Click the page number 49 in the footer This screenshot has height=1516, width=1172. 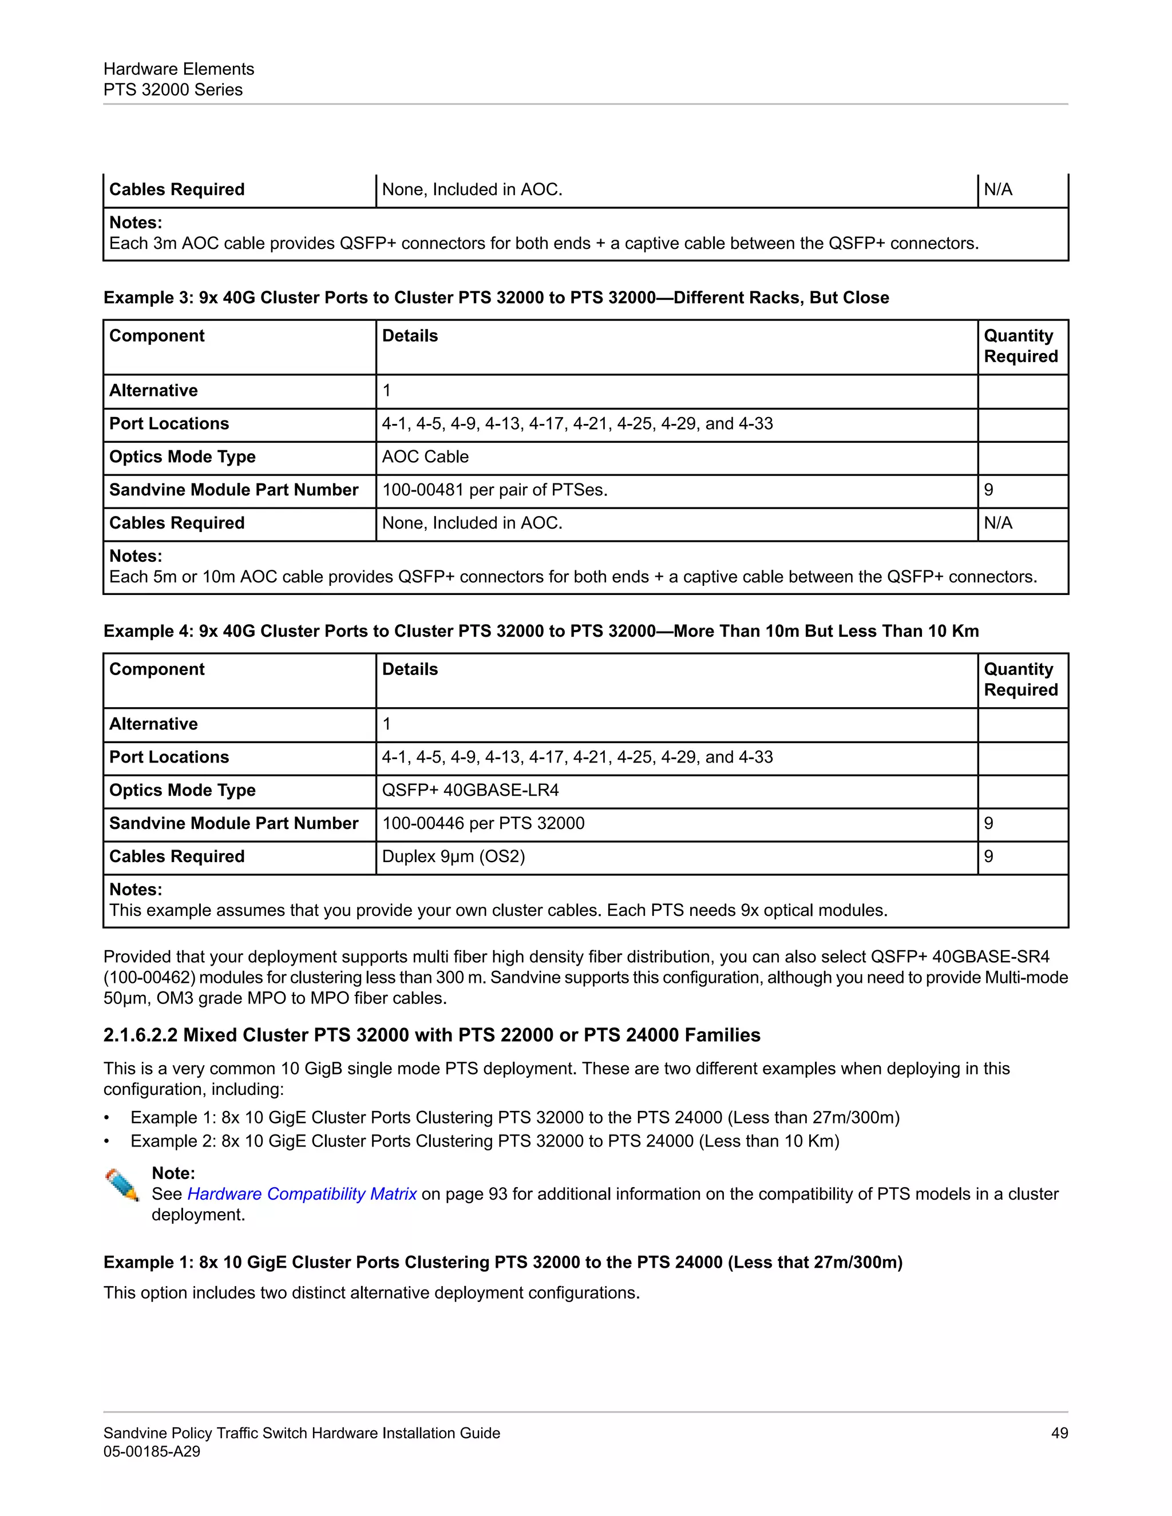[1059, 1432]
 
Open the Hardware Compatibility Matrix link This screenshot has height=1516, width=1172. [302, 1194]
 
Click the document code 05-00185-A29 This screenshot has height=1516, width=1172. [151, 1451]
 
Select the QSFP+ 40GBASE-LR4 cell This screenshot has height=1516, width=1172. [470, 790]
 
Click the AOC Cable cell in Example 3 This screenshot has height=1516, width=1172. [425, 457]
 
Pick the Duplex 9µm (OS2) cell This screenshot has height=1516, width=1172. [453, 856]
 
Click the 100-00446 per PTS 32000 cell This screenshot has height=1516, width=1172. [483, 823]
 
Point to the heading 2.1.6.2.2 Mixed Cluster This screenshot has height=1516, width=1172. [431, 1035]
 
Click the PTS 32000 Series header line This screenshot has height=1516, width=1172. [173, 90]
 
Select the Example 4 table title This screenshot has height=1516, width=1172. [541, 631]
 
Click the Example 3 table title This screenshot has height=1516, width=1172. [496, 298]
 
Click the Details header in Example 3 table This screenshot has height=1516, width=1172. [410, 336]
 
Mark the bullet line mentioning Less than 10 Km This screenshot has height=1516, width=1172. [485, 1141]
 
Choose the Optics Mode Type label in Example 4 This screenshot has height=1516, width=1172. [182, 790]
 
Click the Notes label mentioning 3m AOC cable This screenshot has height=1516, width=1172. [136, 223]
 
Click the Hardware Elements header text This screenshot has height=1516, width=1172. [179, 69]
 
